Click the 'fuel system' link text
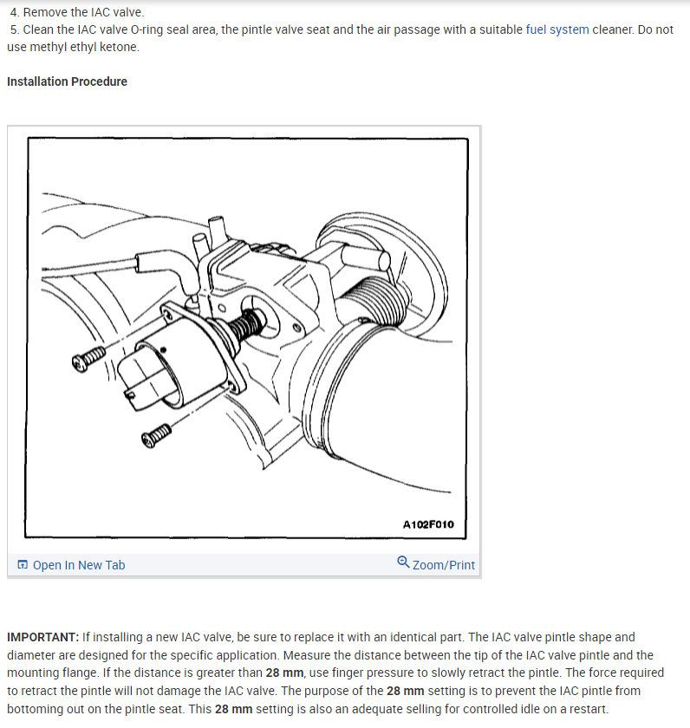[x=557, y=29]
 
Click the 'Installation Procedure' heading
[x=67, y=81]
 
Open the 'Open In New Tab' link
[x=78, y=565]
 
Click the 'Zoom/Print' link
[x=443, y=565]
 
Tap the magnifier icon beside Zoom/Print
[x=403, y=562]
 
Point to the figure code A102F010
[x=428, y=524]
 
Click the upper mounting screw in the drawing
[x=88, y=358]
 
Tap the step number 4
[x=14, y=12]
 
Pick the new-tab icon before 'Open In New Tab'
[x=23, y=565]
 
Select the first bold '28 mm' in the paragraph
[x=284, y=673]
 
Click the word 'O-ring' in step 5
[x=149, y=29]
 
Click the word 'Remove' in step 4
[x=46, y=12]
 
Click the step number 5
[x=14, y=29]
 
